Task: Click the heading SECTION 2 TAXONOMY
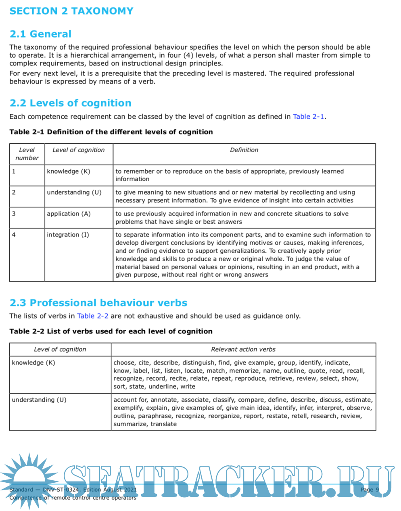coord(71,11)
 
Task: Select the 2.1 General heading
coord(40,34)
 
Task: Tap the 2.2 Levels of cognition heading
coord(70,103)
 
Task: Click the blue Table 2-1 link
coord(308,117)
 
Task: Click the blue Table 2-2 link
coord(92,316)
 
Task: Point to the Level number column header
coord(27,154)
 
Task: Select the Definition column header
coord(244,150)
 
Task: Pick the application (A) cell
coord(69,214)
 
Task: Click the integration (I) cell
coord(68,235)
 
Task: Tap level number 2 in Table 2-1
coord(14,192)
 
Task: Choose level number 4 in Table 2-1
coord(14,235)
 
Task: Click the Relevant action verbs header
coord(243,349)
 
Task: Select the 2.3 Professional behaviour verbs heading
coord(98,303)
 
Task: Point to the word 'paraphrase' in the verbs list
coord(155,416)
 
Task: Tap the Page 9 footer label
coord(370,490)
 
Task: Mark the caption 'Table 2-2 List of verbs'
coord(111,331)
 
